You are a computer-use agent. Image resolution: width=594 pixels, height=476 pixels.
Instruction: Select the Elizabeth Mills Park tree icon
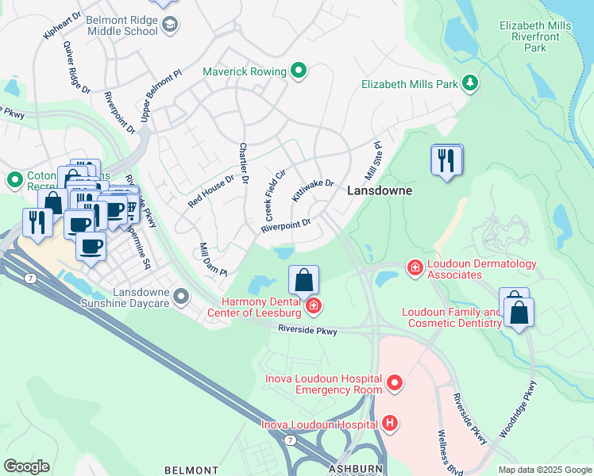pos(471,83)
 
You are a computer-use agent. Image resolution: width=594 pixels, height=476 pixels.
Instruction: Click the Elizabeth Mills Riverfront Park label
pos(534,36)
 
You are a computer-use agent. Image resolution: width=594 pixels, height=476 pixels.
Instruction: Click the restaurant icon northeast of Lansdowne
pos(446,161)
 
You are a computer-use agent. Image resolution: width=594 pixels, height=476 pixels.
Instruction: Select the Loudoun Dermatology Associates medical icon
pos(414,269)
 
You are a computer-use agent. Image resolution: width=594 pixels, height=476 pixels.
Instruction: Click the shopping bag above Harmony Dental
pos(303,280)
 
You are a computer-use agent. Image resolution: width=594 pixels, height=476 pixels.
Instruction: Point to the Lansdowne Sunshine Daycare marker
pos(182,297)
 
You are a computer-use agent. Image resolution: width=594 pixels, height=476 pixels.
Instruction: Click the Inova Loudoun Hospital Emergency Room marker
pos(395,385)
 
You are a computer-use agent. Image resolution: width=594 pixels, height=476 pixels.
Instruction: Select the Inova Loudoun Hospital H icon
pos(389,423)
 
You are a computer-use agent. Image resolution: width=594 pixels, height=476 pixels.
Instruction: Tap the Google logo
pos(26,466)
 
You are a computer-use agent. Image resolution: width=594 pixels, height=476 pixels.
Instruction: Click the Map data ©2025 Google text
pos(544,470)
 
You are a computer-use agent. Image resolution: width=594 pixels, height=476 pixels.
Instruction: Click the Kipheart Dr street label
pos(64,25)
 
